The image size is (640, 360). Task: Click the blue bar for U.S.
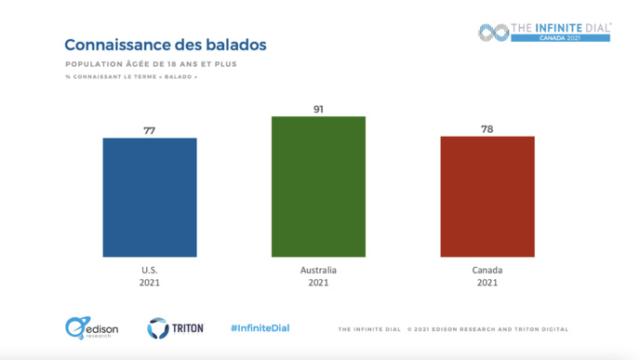tap(150, 197)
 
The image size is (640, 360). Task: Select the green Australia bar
tap(318, 186)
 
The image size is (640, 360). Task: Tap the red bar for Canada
tap(487, 196)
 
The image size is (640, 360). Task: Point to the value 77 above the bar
tap(150, 130)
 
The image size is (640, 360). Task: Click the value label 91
tap(318, 109)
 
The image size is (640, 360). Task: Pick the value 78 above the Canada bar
tap(487, 128)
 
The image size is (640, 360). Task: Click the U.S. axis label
tap(150, 270)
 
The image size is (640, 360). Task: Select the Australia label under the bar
tap(318, 270)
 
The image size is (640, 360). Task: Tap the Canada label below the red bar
tap(487, 270)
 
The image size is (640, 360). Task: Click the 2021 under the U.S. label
tap(150, 283)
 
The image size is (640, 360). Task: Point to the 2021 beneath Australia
tap(318, 283)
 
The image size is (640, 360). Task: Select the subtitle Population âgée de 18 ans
tap(151, 64)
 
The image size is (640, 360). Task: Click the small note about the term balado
tap(131, 76)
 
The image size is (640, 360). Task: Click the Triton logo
tap(175, 327)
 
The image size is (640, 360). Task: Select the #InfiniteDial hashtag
tap(260, 327)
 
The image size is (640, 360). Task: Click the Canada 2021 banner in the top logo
tap(560, 38)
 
